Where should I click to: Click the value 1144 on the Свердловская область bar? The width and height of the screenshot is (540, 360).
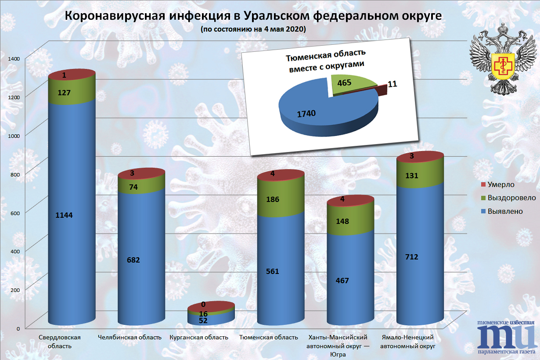64,215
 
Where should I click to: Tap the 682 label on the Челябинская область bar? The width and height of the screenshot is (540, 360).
133,260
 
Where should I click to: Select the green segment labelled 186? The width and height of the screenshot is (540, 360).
272,199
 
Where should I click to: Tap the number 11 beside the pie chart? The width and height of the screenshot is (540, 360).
392,84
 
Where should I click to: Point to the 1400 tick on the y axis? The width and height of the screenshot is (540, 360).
14,58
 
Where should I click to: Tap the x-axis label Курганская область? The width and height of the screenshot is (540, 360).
199,338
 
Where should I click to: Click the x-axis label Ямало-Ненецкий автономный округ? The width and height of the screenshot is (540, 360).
407,342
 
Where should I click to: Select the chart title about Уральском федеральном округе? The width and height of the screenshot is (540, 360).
253,16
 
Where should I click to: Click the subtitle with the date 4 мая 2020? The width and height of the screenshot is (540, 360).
253,29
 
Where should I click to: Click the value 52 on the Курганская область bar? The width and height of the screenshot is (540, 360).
203,321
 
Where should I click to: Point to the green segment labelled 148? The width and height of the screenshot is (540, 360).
342,221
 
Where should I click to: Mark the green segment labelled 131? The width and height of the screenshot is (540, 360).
412,176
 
